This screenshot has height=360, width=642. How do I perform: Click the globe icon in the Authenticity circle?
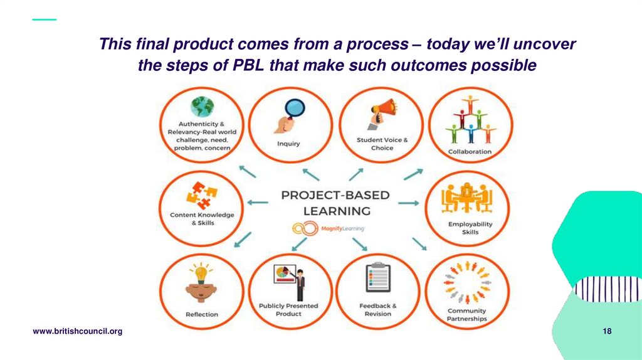pyautogui.click(x=202, y=107)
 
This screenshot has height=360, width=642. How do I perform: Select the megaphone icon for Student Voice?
pyautogui.click(x=382, y=114)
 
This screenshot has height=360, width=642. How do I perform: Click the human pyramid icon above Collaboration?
pyautogui.click(x=470, y=120)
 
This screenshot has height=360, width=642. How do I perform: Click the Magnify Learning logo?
pyautogui.click(x=328, y=229)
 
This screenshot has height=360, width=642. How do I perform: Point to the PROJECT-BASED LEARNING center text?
pyautogui.click(x=336, y=203)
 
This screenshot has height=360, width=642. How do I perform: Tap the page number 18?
pyautogui.click(x=607, y=331)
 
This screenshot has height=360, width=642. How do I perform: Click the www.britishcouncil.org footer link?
pyautogui.click(x=77, y=331)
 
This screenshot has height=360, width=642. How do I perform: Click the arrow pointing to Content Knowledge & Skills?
pyautogui.click(x=257, y=203)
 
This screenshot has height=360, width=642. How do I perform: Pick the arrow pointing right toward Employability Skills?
pyautogui.click(x=408, y=203)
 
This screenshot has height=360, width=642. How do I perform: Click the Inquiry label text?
pyautogui.click(x=288, y=144)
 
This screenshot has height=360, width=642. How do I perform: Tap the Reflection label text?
pyautogui.click(x=202, y=314)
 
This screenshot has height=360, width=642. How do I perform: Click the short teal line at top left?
pyautogui.click(x=44, y=19)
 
